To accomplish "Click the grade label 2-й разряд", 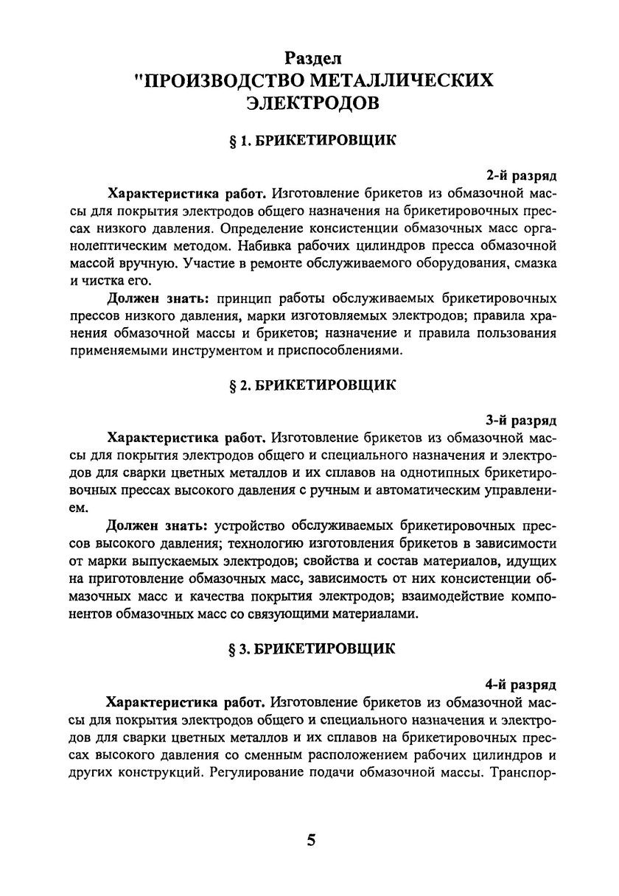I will [x=520, y=176].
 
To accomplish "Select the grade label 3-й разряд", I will [x=520, y=421].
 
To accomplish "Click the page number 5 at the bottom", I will [x=312, y=841].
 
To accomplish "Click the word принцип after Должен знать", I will [x=254, y=298].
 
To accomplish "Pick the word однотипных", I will [x=403, y=473].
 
